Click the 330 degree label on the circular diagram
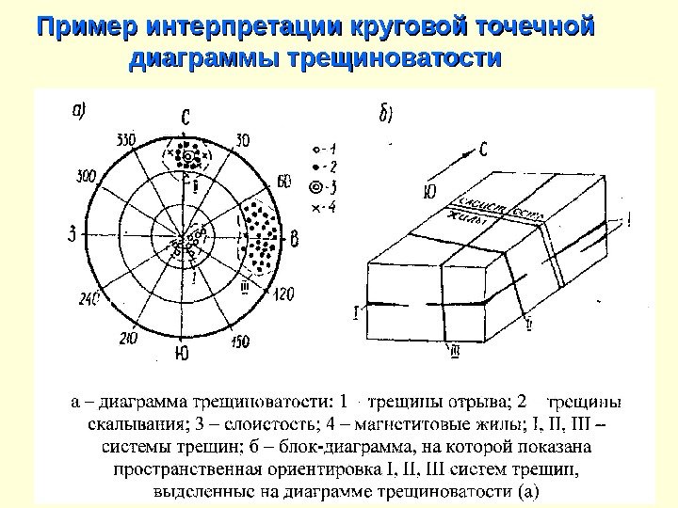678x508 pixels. (x=125, y=140)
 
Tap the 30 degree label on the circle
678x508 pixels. (x=243, y=140)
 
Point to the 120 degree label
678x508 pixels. (x=282, y=294)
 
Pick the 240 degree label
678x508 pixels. (x=89, y=298)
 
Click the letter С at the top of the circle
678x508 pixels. (x=186, y=117)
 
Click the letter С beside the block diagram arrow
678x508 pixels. (x=482, y=148)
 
